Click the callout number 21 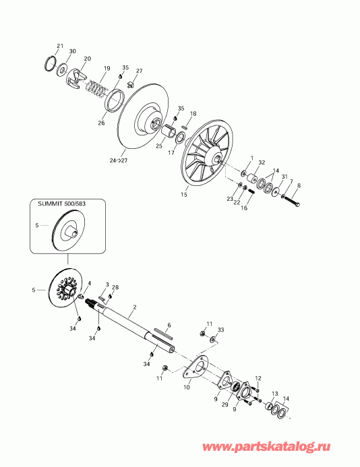tap(60, 46)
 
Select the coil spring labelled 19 tap(96, 88)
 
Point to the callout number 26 tap(101, 123)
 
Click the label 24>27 tap(118, 160)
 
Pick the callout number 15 tap(184, 195)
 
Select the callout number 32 tap(262, 162)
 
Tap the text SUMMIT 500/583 tap(62, 204)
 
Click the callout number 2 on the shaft tap(134, 307)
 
